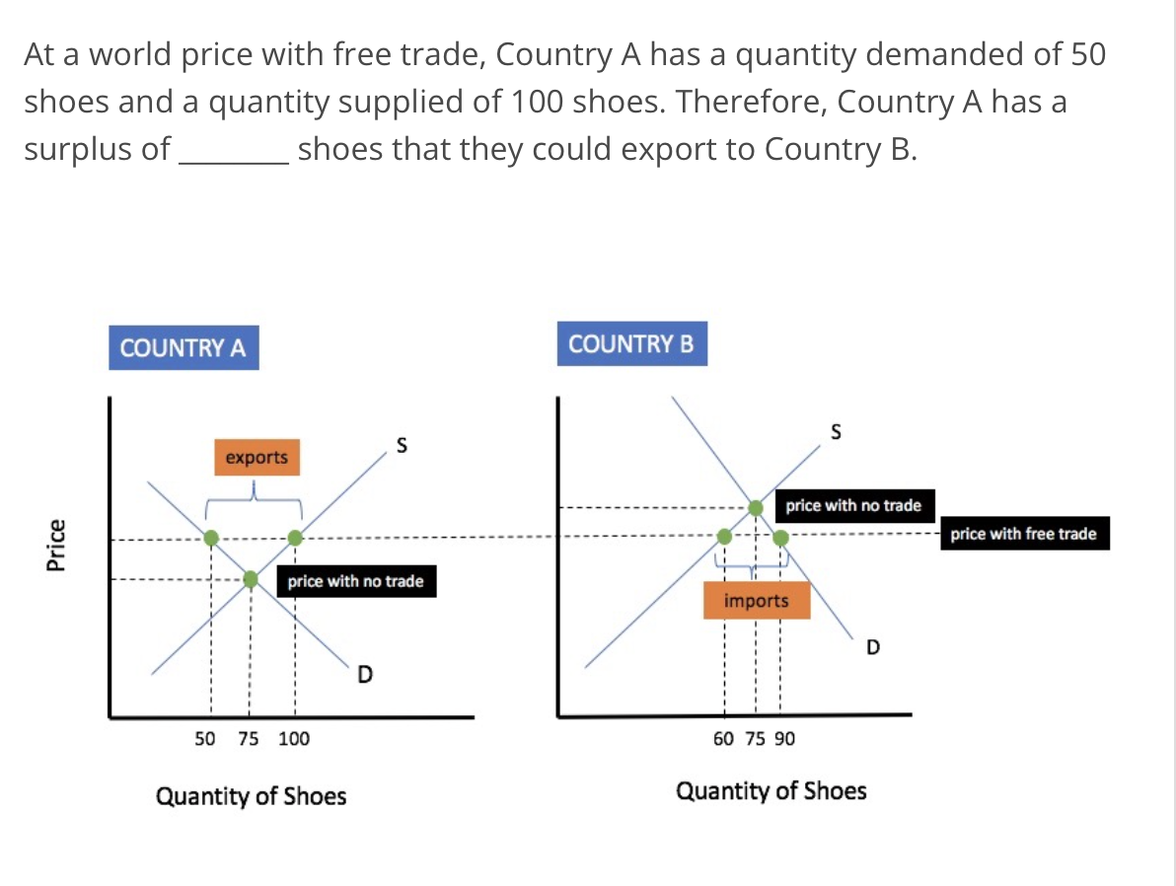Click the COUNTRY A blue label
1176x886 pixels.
click(x=184, y=348)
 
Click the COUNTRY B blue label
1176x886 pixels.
click(x=631, y=344)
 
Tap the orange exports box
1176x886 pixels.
click(x=257, y=457)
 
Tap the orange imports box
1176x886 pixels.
click(x=757, y=600)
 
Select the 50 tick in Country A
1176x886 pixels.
click(x=205, y=738)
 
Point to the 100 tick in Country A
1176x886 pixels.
click(x=294, y=738)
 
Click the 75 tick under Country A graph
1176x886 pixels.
click(x=249, y=738)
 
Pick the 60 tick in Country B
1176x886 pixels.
click(x=723, y=738)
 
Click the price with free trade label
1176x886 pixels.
click(x=1023, y=534)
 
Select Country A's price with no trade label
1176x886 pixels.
click(x=355, y=581)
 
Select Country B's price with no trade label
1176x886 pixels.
click(x=853, y=506)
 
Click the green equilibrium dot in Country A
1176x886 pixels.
click(x=251, y=579)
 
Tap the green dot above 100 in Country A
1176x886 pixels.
click(x=295, y=538)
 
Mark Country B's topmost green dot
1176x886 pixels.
click(x=756, y=507)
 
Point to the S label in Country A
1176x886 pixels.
click(x=401, y=446)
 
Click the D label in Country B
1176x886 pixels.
click(x=872, y=647)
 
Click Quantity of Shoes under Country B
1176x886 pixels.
click(x=771, y=791)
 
